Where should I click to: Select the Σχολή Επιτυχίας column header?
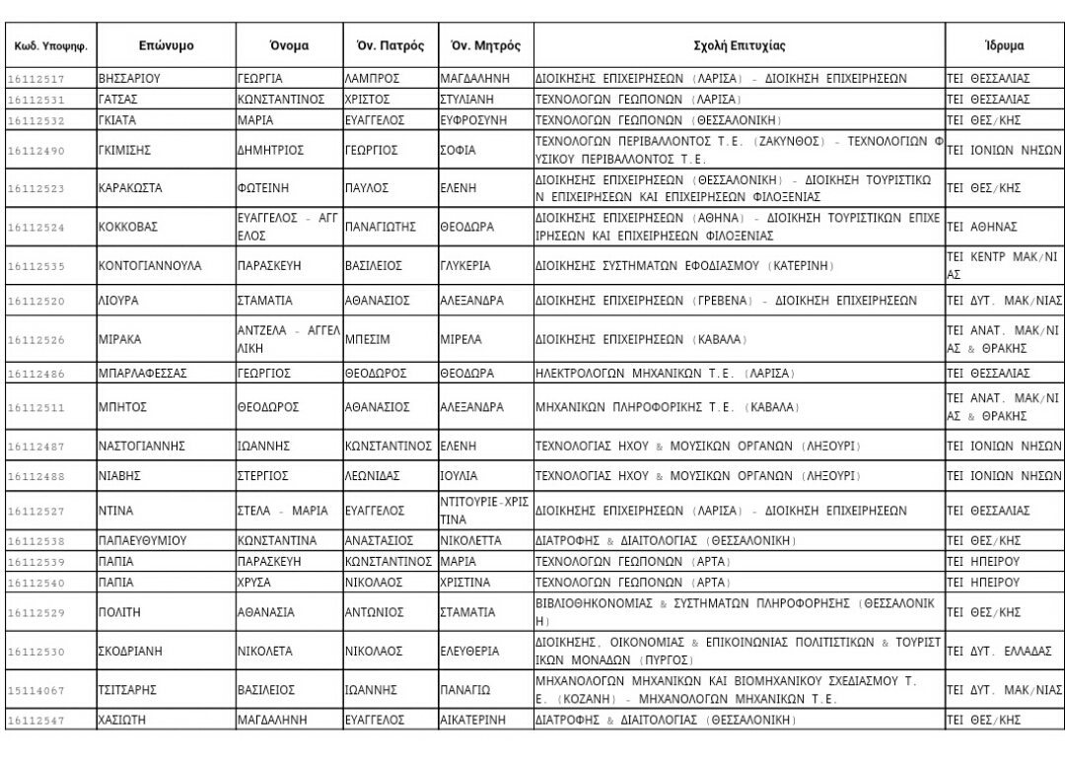(x=737, y=46)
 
